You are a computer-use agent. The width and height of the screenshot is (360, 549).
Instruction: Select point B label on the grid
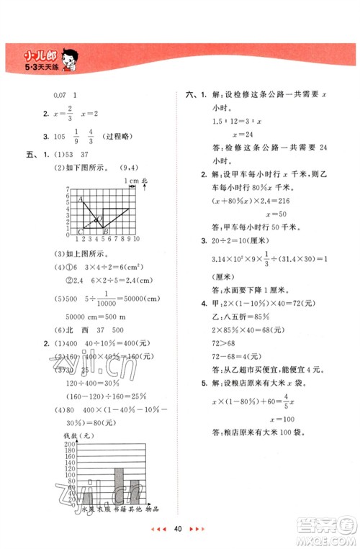tap(105, 231)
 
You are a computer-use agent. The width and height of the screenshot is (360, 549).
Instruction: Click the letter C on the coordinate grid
tap(79, 231)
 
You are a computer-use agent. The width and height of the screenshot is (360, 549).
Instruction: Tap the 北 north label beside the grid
tap(144, 180)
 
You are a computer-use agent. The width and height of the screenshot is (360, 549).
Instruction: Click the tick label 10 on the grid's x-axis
tap(136, 238)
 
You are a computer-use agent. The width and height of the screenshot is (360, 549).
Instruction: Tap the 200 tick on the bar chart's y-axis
tap(71, 446)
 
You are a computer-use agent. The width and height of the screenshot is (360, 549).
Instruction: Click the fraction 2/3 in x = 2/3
tap(69, 117)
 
